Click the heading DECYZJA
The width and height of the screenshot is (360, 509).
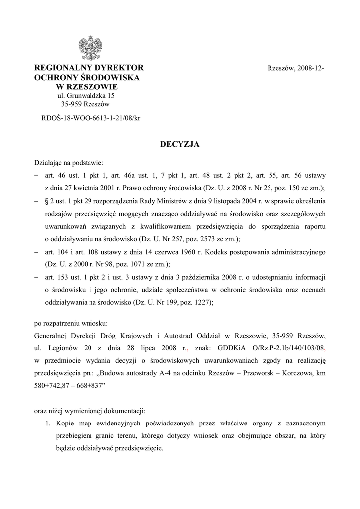[180, 144]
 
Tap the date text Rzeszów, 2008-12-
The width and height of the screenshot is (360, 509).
[296, 68]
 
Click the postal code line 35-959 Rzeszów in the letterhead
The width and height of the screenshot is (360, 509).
[85, 104]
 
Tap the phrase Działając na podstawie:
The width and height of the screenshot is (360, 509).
[69, 162]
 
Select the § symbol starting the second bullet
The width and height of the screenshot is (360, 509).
[47, 201]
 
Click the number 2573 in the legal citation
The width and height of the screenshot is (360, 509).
[194, 239]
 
